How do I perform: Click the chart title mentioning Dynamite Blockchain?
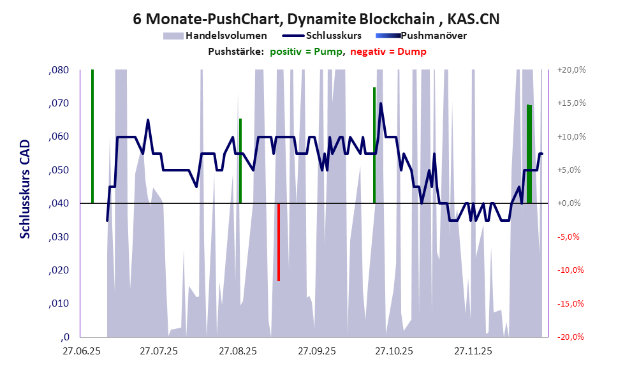tap(316, 18)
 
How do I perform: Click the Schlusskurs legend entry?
tap(334, 36)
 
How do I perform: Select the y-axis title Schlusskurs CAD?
tap(25, 191)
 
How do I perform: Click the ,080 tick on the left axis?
tap(59, 70)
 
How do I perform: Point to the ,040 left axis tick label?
tap(59, 203)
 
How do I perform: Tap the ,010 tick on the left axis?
tap(59, 303)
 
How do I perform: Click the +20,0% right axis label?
tap(571, 70)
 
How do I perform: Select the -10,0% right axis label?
tap(571, 270)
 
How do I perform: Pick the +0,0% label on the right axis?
tap(571, 203)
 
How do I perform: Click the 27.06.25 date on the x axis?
tap(80, 351)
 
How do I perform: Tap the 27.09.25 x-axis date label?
tap(316, 351)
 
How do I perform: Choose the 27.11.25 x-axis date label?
tap(473, 351)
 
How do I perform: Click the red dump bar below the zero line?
tap(279, 242)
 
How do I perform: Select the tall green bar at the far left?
tap(92, 136)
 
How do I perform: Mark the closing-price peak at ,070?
tap(381, 103)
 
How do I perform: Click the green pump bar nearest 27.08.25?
tap(240, 161)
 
